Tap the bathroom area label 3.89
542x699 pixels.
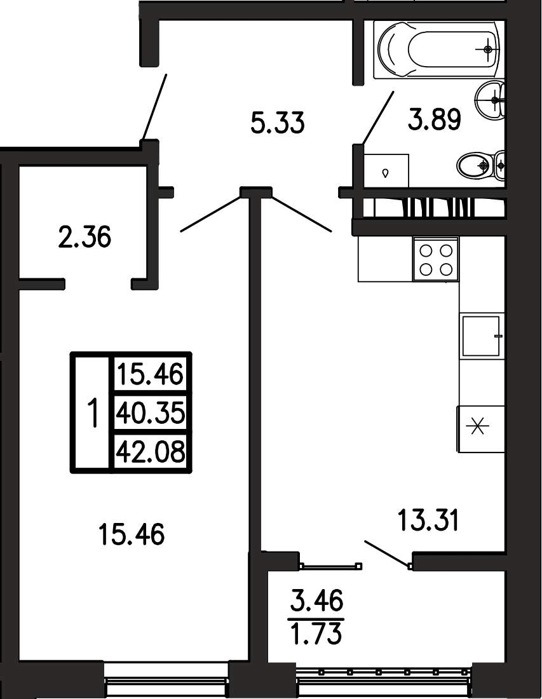(x=434, y=119)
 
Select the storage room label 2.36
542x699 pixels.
(x=85, y=237)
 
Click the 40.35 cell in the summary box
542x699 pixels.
(x=150, y=413)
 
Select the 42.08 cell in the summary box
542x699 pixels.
(x=150, y=451)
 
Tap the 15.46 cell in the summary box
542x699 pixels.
(x=150, y=374)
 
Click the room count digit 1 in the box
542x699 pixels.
(x=92, y=413)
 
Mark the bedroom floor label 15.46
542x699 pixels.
(x=132, y=534)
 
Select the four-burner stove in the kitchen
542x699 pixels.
(x=435, y=259)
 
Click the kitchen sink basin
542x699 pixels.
(x=480, y=336)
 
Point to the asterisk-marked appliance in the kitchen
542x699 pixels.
(x=480, y=429)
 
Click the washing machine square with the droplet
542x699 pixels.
(x=386, y=171)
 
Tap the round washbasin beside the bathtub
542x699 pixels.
(x=491, y=100)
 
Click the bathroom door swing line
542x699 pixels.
(x=377, y=118)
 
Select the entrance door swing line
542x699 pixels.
(x=154, y=107)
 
